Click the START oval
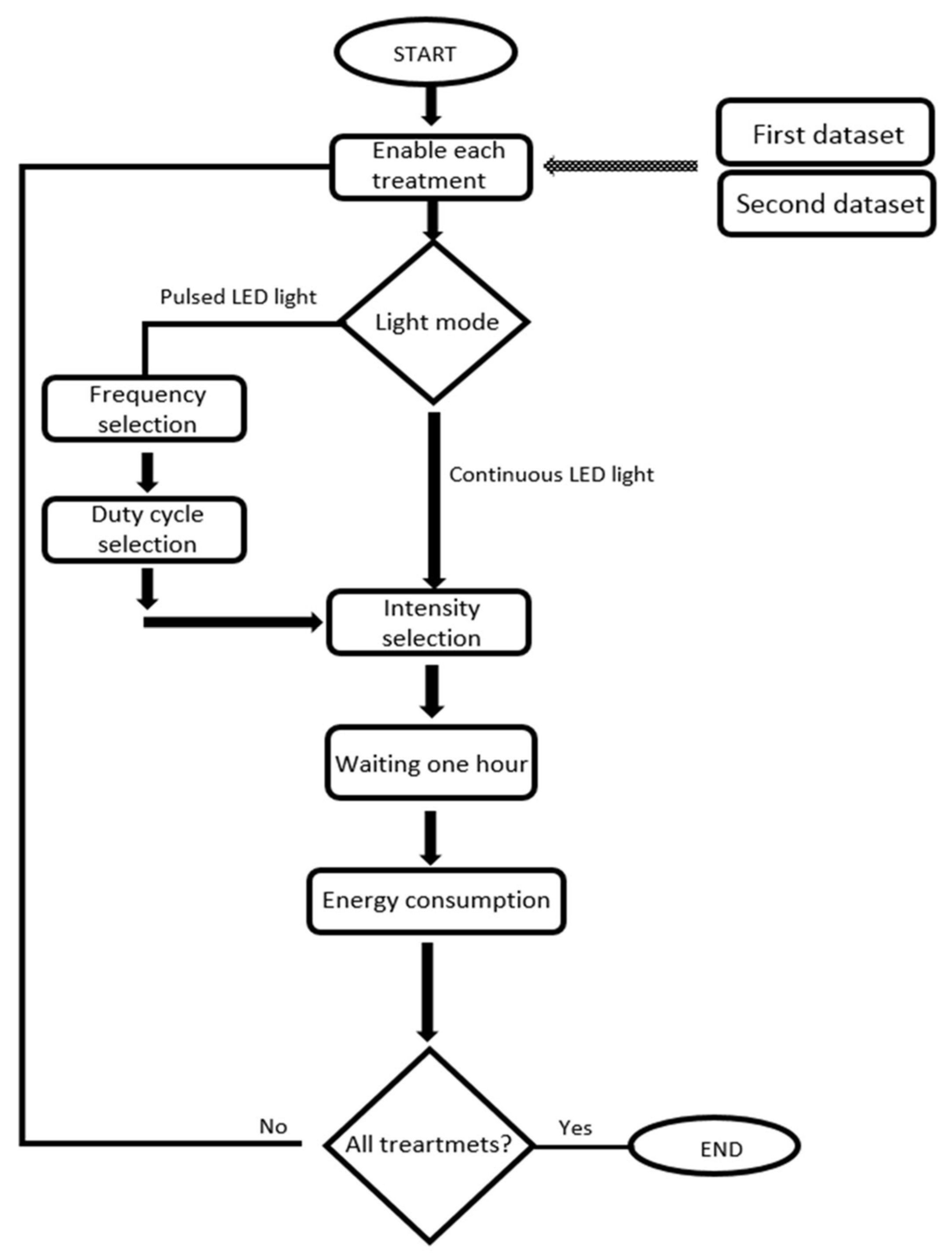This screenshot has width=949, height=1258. pos(425,52)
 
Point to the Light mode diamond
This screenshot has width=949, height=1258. pos(435,323)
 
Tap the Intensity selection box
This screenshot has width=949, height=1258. pos(429,622)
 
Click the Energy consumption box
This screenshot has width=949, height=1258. pos(436,900)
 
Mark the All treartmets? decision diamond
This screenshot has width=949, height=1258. pos(429,1144)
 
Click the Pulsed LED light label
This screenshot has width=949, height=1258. pos(238,297)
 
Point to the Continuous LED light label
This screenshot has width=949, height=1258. pos(551,474)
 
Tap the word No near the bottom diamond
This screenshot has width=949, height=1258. pos(273,1126)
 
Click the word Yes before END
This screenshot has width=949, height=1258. pos(575,1128)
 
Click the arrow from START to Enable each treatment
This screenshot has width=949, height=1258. pos(432,105)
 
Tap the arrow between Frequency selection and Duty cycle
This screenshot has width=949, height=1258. pos(147,471)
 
